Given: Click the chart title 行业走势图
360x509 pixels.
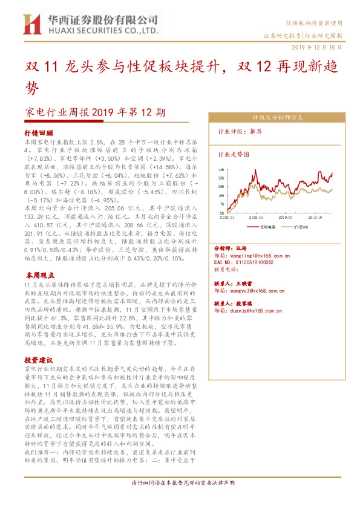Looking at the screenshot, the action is [x=233, y=154].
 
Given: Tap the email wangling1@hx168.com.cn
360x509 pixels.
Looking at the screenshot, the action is [x=256, y=256].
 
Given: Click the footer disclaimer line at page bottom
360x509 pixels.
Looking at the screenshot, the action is [x=180, y=499].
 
